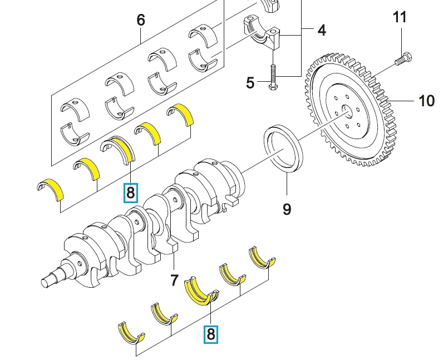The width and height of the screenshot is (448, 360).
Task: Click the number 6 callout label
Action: [x=140, y=20]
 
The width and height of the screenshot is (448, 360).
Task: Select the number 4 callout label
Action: [x=322, y=30]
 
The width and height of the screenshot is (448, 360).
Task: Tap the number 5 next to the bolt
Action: [x=250, y=83]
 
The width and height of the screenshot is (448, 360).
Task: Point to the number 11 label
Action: [x=400, y=17]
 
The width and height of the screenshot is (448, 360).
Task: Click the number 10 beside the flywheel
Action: [x=426, y=101]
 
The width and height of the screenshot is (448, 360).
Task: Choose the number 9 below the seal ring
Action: [x=287, y=209]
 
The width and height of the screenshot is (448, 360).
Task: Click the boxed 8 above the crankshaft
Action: [x=130, y=193]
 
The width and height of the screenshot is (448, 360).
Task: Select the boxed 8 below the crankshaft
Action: [x=210, y=334]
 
